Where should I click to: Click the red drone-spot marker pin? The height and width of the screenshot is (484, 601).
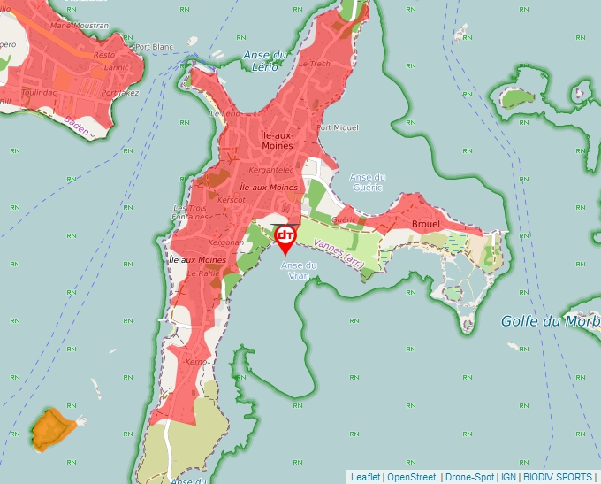tap(285, 237)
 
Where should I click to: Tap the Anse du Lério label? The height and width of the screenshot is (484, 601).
tap(266, 60)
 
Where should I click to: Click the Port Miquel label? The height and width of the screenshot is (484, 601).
tap(338, 127)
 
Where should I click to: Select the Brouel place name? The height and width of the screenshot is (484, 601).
tap(426, 224)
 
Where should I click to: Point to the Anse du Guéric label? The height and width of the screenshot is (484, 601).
tap(367, 181)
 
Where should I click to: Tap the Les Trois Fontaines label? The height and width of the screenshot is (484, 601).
tap(191, 212)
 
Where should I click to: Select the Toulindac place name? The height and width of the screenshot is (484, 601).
tap(40, 91)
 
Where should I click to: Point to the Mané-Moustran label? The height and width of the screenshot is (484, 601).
tap(79, 26)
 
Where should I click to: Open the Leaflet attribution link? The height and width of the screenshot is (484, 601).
tap(365, 477)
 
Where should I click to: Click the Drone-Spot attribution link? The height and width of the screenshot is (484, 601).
tap(469, 477)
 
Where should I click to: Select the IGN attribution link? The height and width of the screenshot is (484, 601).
tap(508, 477)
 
